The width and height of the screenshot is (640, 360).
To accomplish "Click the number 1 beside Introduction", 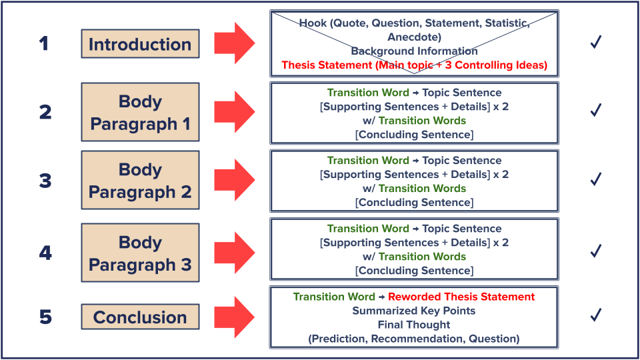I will [x=44, y=45].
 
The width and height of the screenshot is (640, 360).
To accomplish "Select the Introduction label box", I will [x=140, y=45].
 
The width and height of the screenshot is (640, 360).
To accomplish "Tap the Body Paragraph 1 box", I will [x=140, y=113].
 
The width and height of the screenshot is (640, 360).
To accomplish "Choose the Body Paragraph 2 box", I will [x=140, y=181].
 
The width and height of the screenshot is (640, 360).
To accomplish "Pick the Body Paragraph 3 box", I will [x=140, y=253].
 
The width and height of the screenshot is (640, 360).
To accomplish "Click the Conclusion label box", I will [x=140, y=317].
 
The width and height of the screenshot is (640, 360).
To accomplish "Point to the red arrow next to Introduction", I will [x=234, y=45].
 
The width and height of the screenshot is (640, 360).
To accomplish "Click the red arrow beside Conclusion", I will [x=234, y=317].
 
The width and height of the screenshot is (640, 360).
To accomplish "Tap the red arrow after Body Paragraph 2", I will [x=234, y=181].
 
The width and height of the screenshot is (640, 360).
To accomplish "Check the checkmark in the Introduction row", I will [x=596, y=43].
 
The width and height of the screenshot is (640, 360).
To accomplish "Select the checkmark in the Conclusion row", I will [x=596, y=313].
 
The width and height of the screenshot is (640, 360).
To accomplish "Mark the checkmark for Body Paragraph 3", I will [x=596, y=251].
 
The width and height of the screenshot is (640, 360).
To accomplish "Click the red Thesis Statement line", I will [x=414, y=65].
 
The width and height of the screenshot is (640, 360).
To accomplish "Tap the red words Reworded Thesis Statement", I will [x=461, y=297].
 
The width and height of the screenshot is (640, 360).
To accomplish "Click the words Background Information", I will [x=414, y=51].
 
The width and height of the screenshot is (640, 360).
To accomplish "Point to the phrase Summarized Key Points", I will [x=414, y=311].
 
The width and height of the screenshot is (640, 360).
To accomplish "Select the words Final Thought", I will [x=414, y=325].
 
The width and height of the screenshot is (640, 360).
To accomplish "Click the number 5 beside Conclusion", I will [x=45, y=317].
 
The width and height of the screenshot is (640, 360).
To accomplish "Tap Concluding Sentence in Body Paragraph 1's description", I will [x=414, y=135].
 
